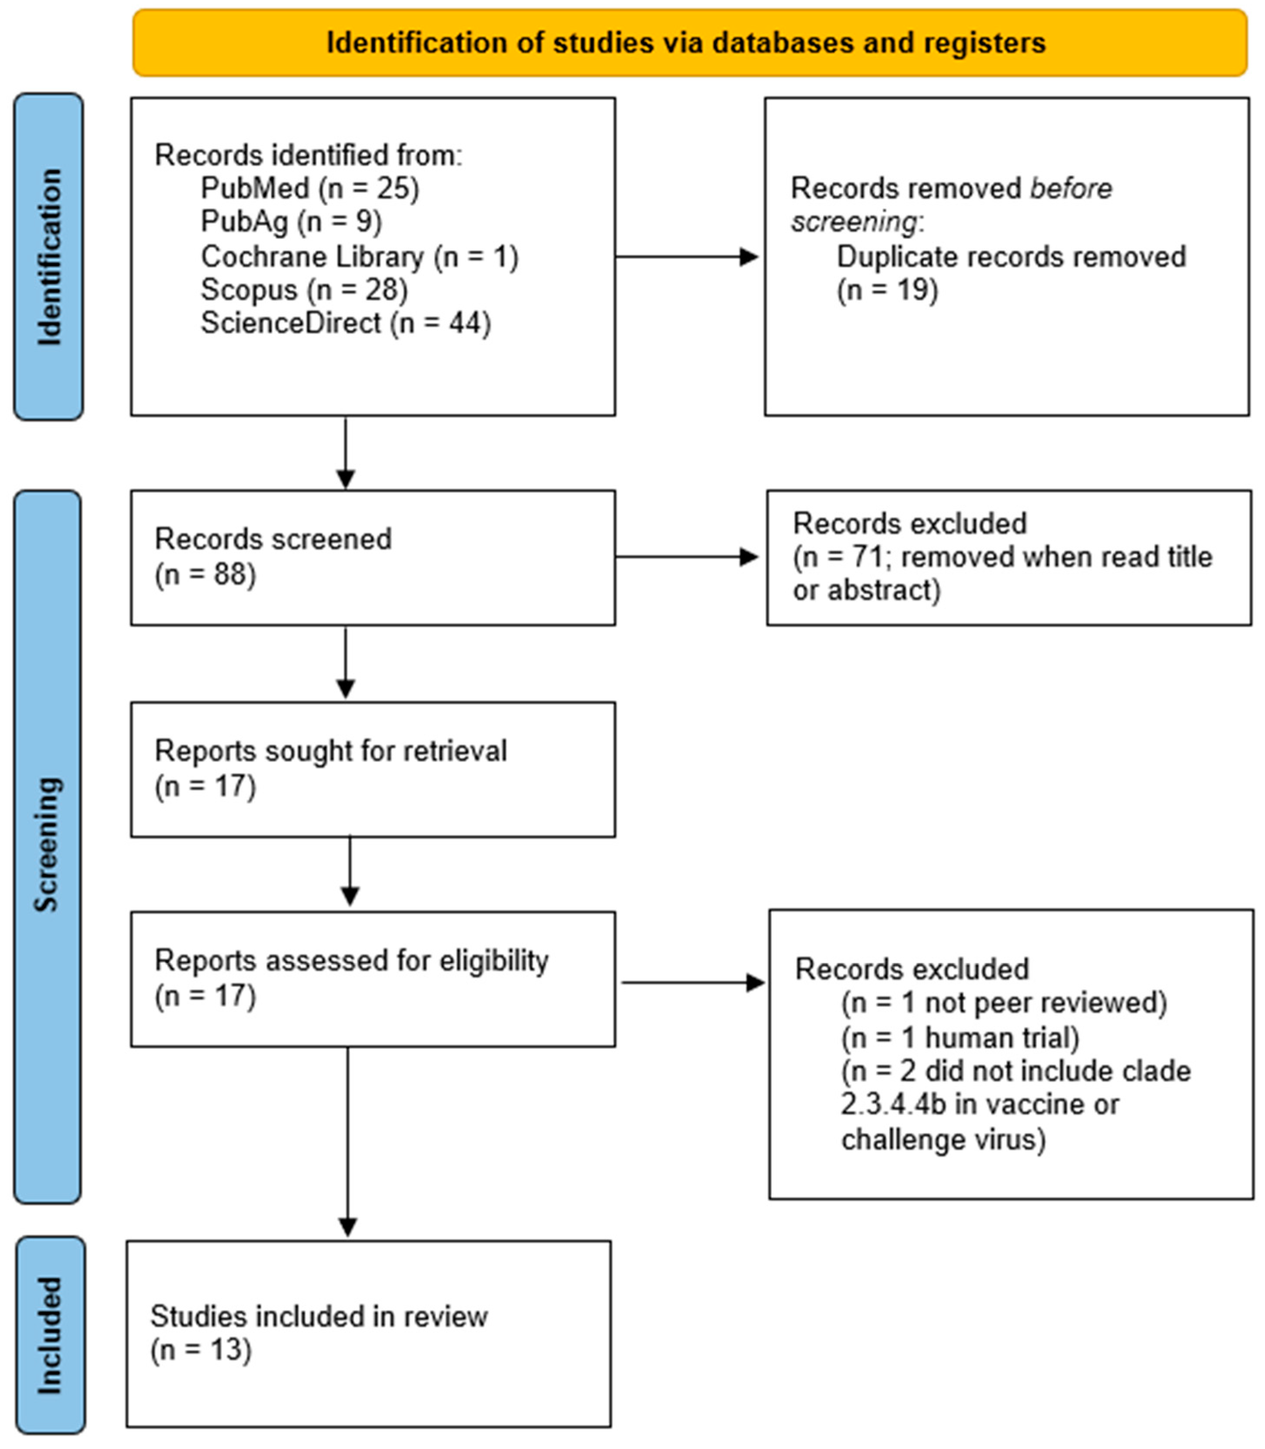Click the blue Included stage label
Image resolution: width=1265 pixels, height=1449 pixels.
tap(50, 1335)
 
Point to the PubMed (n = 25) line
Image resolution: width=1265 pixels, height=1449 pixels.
tap(310, 189)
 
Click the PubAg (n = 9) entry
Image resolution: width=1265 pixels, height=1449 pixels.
tap(291, 222)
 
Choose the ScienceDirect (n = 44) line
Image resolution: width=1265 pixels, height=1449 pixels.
tap(345, 324)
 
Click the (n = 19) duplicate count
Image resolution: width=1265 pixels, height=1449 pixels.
tap(887, 290)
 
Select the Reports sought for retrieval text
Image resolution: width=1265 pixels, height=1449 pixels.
tap(330, 751)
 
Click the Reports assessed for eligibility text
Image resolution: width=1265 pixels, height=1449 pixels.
tap(351, 961)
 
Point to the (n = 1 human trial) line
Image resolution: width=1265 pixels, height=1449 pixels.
tap(960, 1038)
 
